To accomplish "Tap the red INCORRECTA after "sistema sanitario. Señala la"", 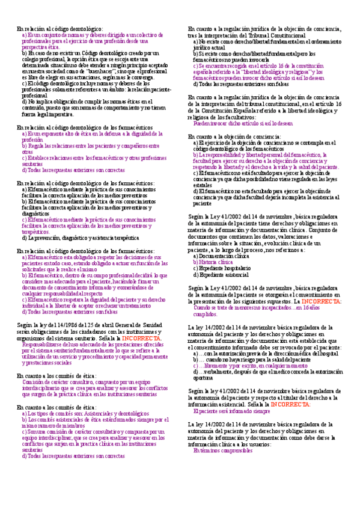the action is [x=141, y=339].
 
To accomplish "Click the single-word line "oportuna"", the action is [x=203, y=378].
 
